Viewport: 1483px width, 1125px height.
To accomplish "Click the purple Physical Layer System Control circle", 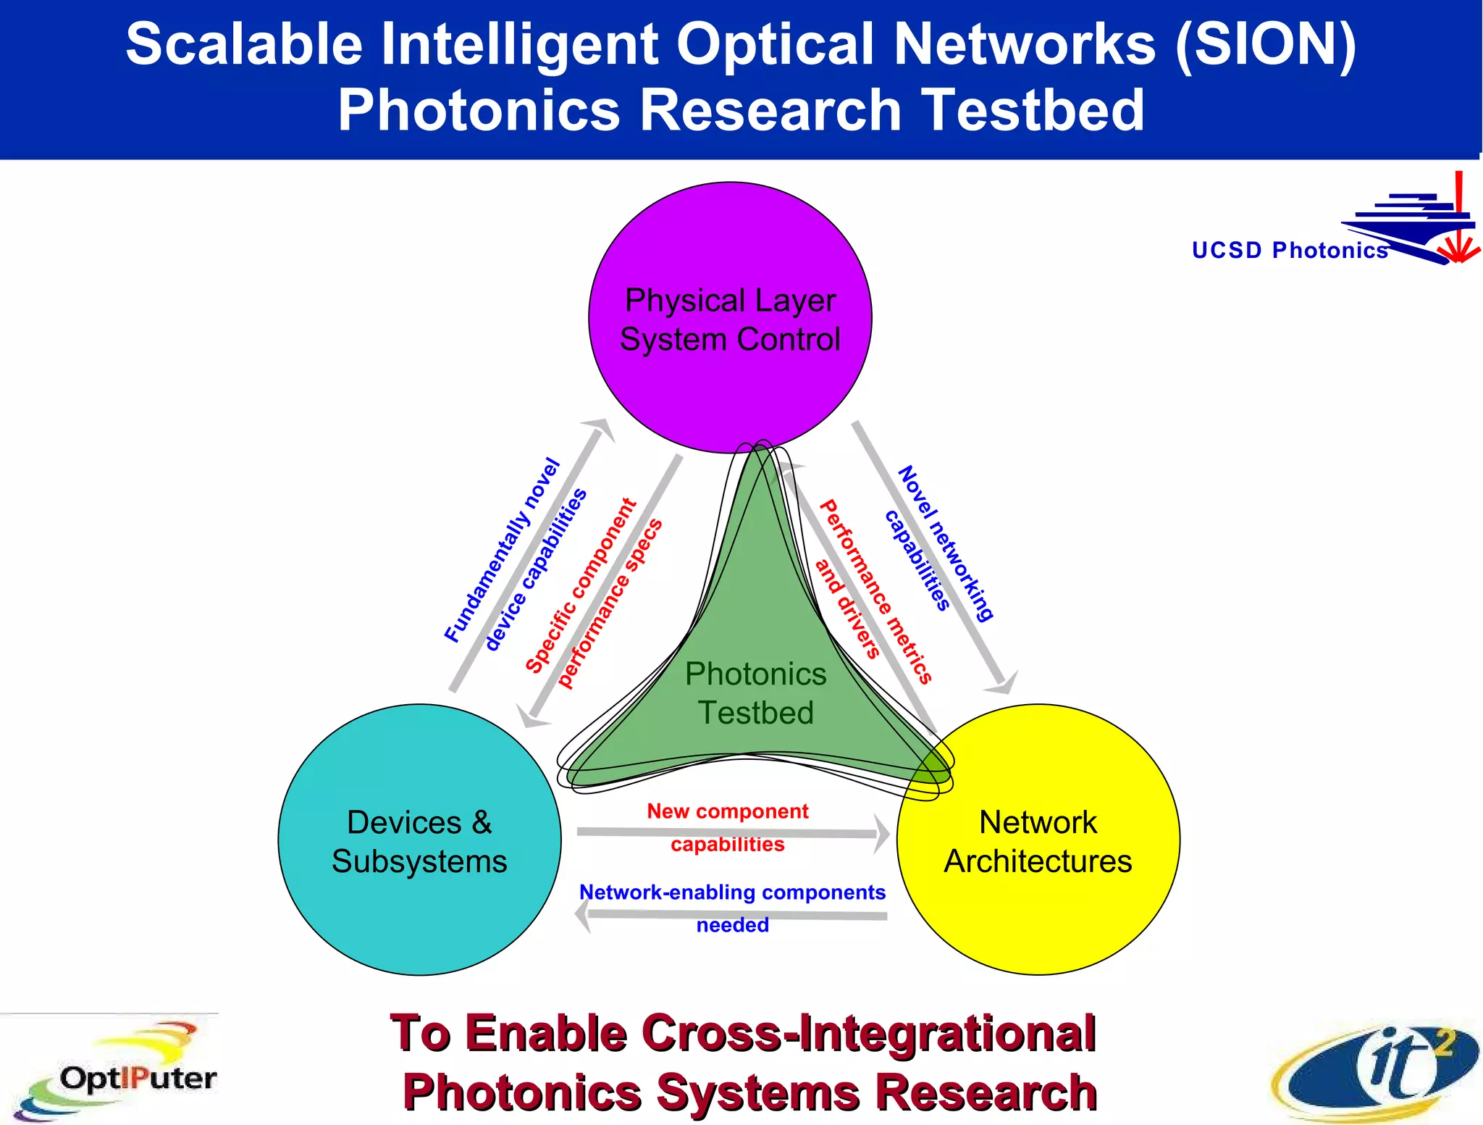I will [730, 319].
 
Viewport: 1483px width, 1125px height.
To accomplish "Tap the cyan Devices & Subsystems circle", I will [419, 840].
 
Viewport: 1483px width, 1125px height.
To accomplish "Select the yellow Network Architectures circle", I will [1038, 840].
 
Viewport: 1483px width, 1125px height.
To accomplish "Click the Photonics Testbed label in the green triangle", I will [755, 693].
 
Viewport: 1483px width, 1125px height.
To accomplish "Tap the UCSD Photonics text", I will [1289, 250].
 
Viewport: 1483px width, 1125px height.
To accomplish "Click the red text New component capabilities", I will [727, 827].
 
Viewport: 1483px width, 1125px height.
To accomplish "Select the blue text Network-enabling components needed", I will [732, 908].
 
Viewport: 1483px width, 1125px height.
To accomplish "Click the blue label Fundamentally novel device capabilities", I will [516, 554].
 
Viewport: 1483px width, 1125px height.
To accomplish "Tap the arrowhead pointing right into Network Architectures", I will [881, 834].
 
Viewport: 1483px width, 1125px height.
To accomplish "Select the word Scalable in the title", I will [244, 45].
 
